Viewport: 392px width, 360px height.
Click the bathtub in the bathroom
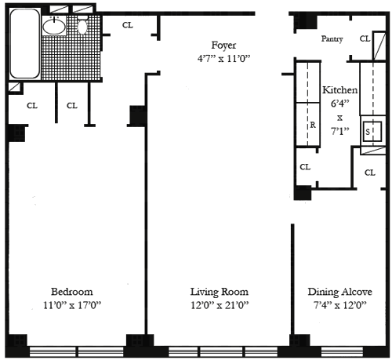coord(25,44)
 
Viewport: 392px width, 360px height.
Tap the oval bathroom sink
coord(54,27)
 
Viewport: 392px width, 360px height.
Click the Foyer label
coord(223,45)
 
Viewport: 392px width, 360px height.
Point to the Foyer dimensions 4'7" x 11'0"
coord(223,59)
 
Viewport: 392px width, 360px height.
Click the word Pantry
coord(332,39)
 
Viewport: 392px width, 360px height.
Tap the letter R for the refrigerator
coord(313,125)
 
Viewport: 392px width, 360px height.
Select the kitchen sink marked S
coord(372,131)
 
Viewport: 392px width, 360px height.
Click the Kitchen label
coord(339,90)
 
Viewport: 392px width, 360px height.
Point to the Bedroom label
coord(72,292)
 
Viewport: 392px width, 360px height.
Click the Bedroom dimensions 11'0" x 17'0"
coord(72,305)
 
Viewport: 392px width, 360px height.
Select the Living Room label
coord(220,292)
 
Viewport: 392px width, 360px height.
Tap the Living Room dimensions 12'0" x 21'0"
coord(220,305)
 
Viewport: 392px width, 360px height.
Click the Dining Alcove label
coord(339,292)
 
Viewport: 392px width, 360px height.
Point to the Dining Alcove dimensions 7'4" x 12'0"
coord(339,305)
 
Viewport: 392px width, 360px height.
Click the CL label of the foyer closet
coord(128,25)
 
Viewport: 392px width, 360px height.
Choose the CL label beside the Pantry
coord(365,38)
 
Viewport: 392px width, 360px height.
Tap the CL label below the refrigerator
coord(305,167)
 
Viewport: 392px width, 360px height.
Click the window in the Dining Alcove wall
coord(342,352)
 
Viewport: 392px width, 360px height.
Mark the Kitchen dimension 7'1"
coord(340,131)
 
